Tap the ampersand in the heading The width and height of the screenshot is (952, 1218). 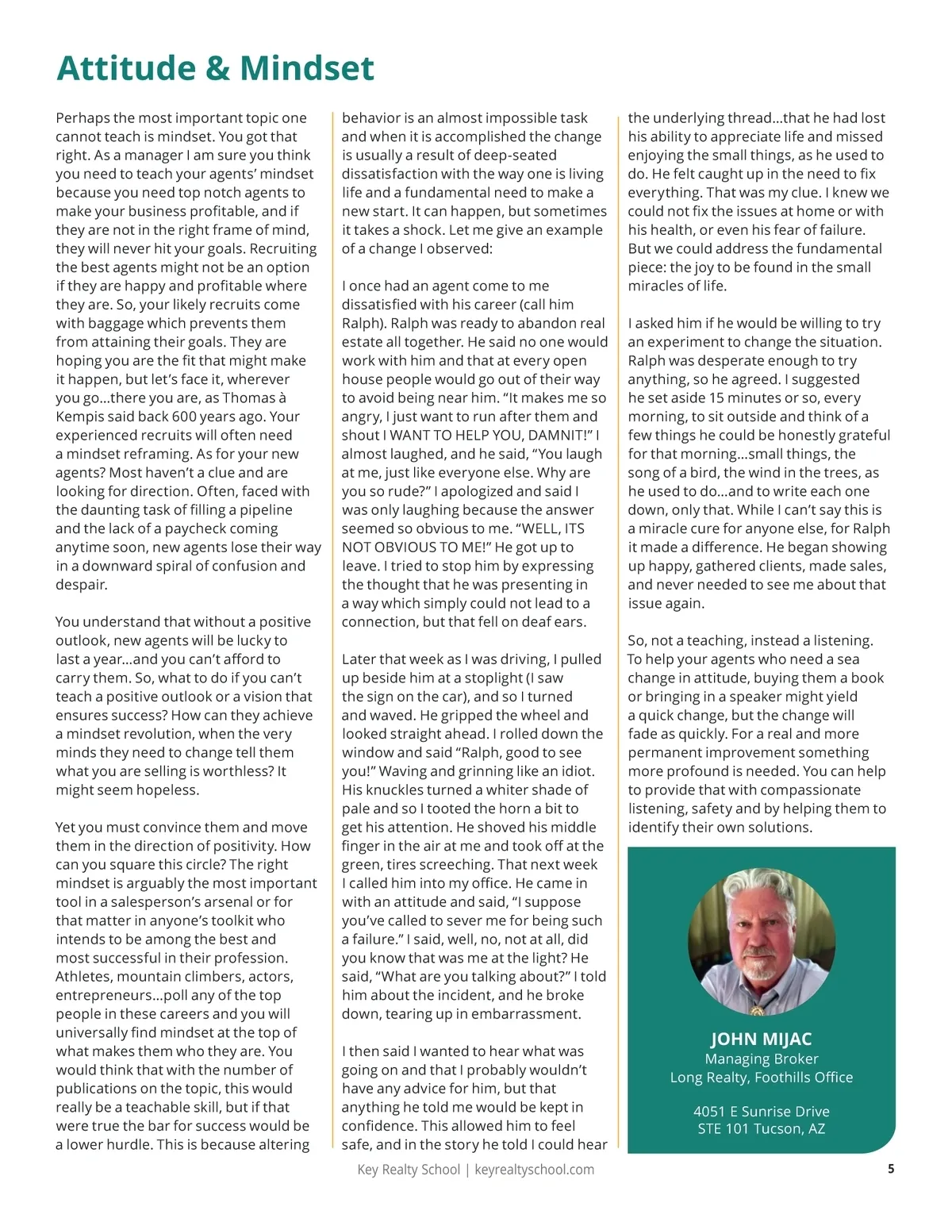pos(217,69)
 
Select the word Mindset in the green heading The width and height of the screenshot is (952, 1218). pos(307,68)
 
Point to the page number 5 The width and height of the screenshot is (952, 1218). pos(891,1169)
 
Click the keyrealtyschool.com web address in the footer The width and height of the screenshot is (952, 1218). pos(534,1170)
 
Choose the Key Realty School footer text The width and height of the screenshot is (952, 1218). pos(409,1170)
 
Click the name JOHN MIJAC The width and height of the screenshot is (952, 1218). pos(761,1039)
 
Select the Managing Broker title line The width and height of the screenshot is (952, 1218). pos(761,1059)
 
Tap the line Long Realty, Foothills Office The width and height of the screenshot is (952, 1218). pos(761,1078)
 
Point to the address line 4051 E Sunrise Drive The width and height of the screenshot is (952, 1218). pos(761,1112)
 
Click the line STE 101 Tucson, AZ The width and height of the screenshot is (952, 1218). pos(761,1128)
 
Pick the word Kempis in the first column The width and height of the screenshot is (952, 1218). pos(81,417)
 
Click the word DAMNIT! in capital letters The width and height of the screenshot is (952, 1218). pos(560,436)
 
